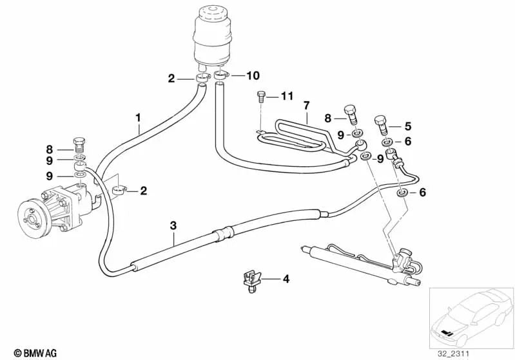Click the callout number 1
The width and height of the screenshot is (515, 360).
coord(137,117)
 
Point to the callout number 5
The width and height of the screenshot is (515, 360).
coord(407,126)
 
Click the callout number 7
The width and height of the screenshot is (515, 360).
coord(307,105)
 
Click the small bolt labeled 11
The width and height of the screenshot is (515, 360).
coord(261,97)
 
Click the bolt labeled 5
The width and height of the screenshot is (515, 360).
coord(381,122)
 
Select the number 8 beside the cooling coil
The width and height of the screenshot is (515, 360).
coord(327,118)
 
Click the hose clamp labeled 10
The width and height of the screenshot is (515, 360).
coord(221,77)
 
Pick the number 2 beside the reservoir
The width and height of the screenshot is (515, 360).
coord(171,79)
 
